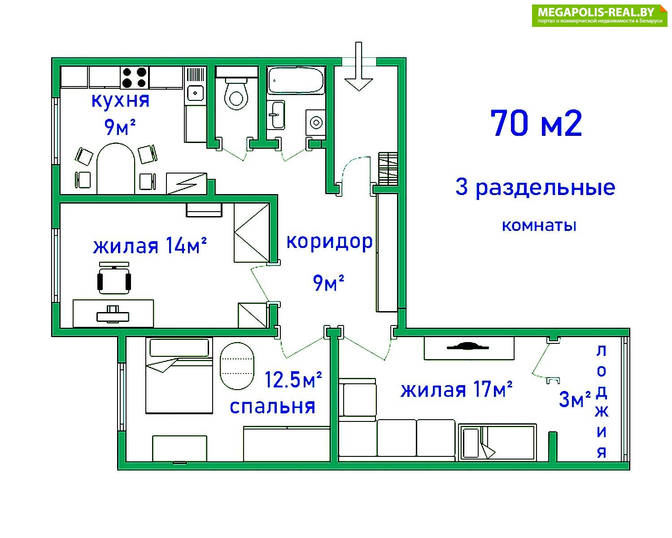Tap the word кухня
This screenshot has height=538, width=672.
(121, 101)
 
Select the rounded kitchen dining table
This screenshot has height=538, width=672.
(116, 169)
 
